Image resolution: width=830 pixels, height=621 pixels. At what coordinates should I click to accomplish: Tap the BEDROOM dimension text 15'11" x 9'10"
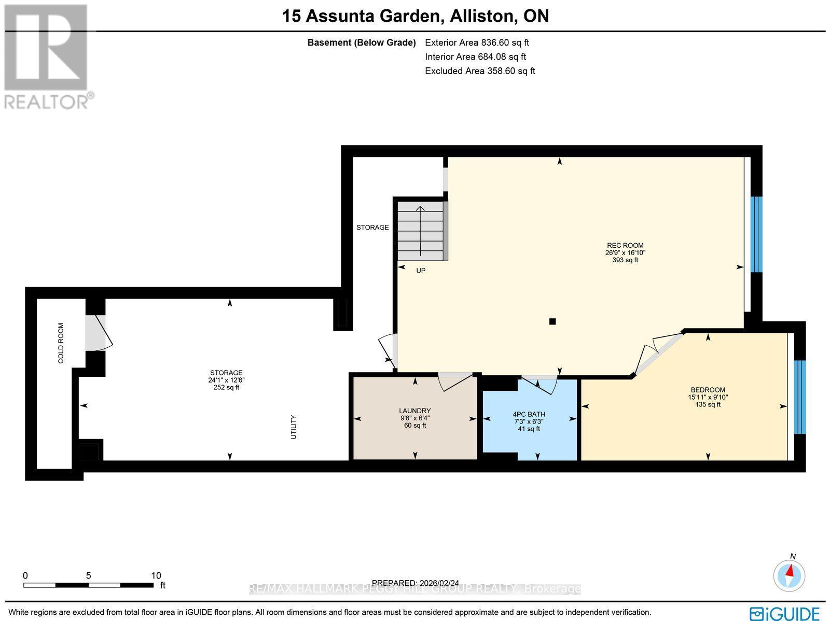click(708, 398)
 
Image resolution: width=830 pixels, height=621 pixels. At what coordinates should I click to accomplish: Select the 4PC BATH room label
click(529, 414)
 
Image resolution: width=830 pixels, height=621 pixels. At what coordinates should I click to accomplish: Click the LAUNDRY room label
click(415, 411)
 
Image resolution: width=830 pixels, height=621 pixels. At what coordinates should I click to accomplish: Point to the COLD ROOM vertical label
click(61, 343)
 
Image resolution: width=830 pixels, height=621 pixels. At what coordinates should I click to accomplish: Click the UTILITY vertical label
click(294, 427)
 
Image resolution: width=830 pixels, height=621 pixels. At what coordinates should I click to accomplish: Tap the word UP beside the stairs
click(421, 271)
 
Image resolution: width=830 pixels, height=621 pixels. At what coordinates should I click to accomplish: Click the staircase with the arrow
click(420, 231)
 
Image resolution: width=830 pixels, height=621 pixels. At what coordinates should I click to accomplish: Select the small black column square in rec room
click(552, 321)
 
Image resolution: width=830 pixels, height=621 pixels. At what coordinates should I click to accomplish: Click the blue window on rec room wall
click(756, 234)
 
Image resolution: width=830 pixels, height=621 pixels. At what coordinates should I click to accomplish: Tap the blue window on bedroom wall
click(800, 397)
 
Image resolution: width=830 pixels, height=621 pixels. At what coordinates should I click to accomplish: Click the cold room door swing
click(99, 332)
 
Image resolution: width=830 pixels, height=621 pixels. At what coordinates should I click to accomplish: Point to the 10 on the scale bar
click(156, 575)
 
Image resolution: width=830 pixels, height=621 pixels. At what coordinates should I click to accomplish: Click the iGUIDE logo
click(784, 613)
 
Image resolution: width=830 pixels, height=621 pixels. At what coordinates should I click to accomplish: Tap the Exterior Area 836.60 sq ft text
click(477, 43)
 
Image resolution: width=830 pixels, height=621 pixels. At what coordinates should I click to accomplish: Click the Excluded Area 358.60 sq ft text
click(480, 71)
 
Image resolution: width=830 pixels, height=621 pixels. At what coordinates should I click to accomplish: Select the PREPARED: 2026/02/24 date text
click(416, 583)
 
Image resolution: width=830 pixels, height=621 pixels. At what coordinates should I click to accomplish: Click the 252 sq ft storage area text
click(226, 387)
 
